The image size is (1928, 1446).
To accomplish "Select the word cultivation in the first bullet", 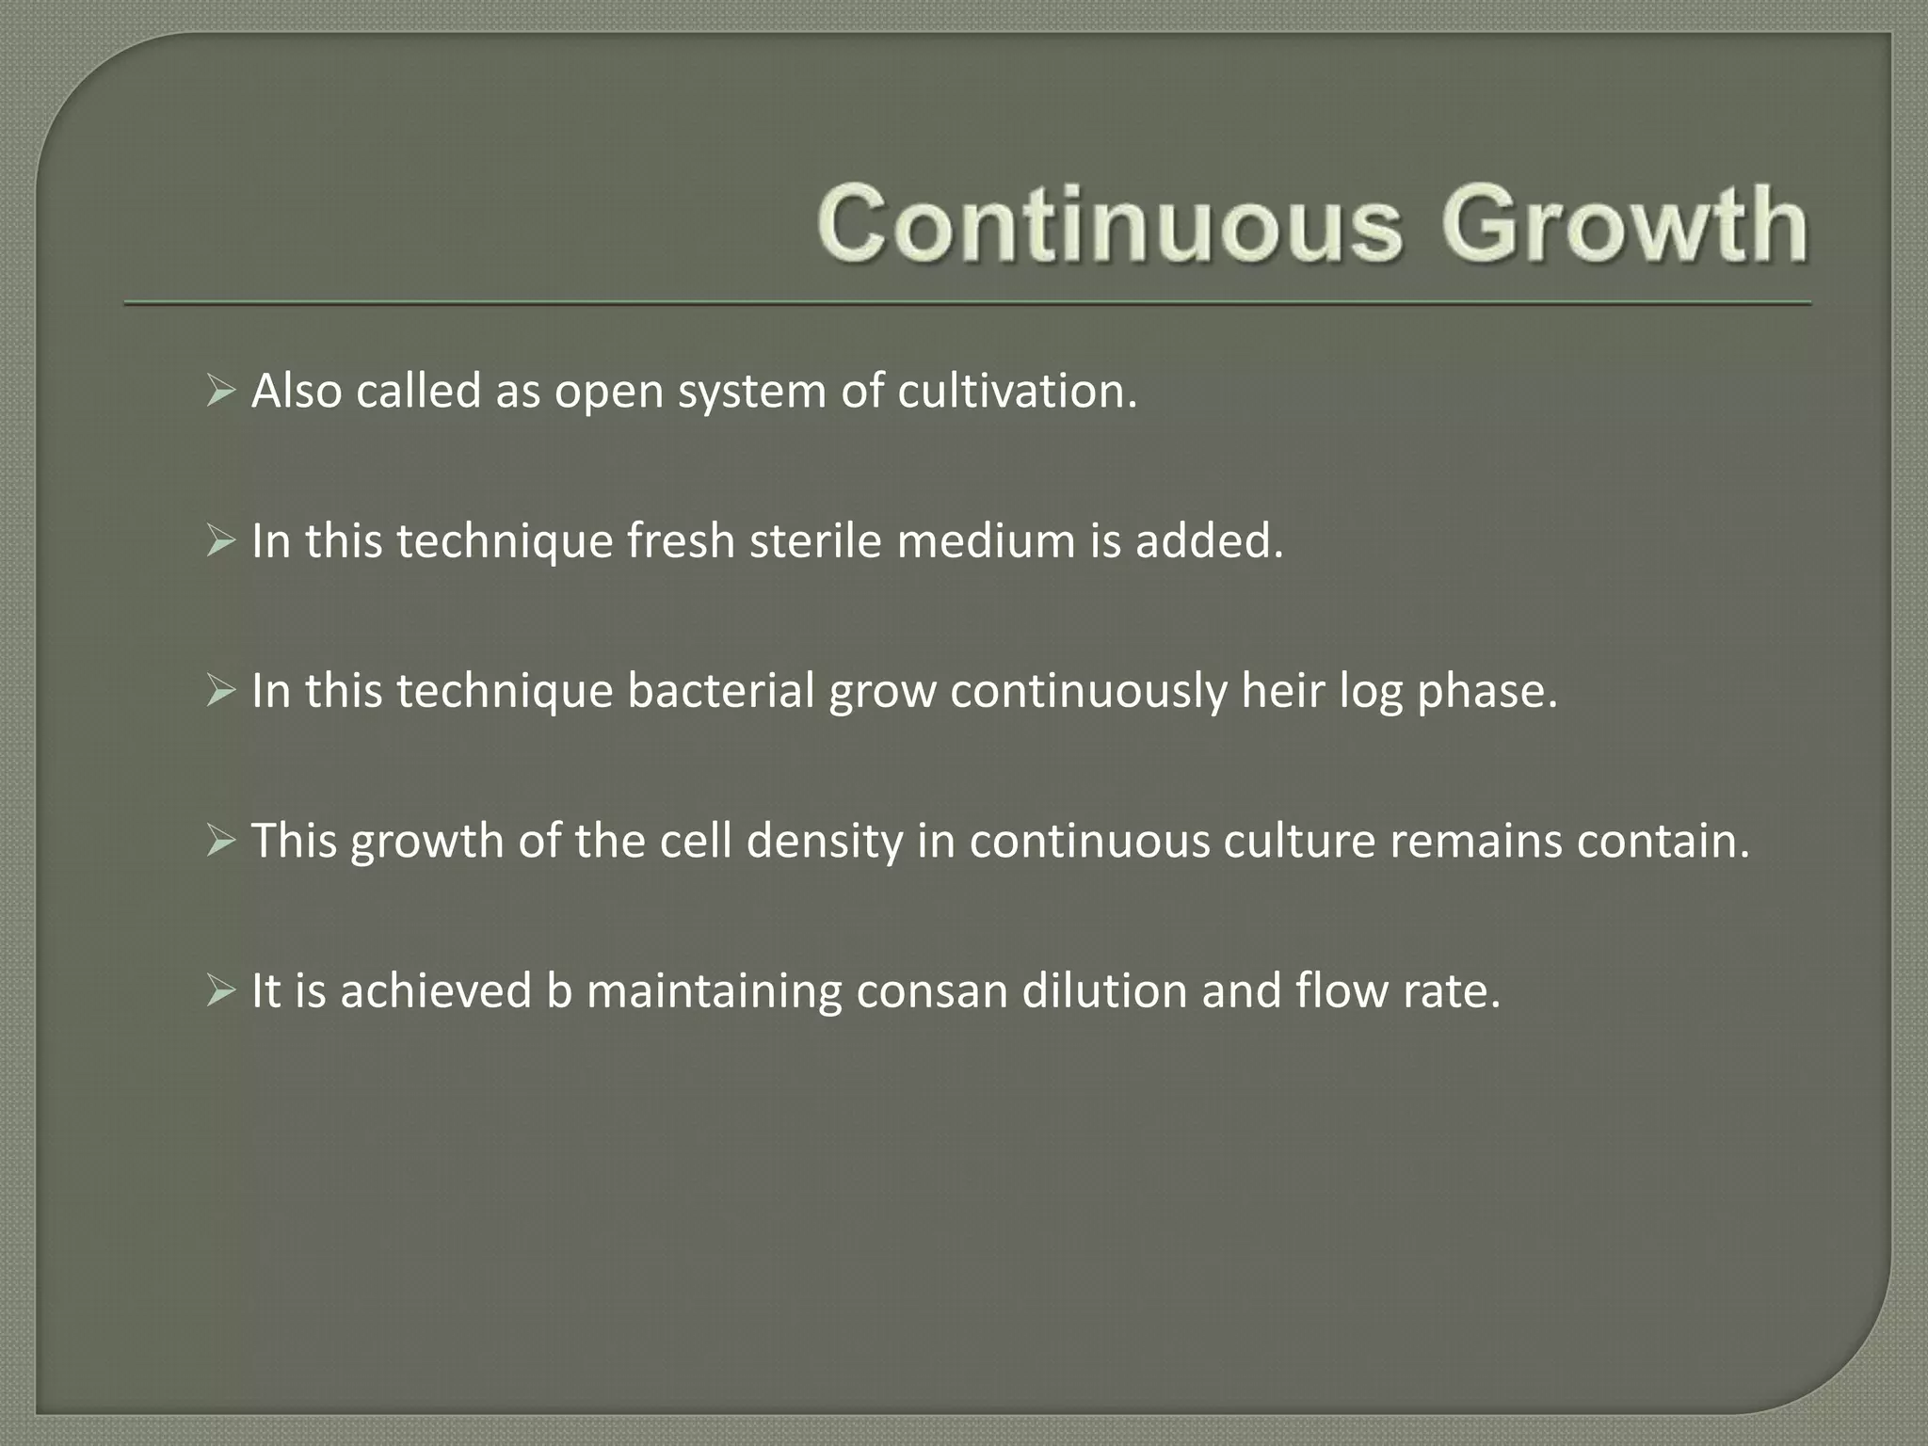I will click(x=1017, y=391).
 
